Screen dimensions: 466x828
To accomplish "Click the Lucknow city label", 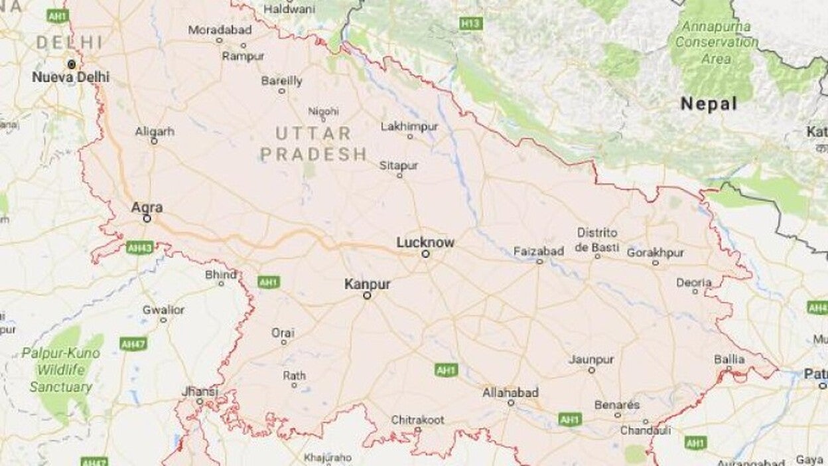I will point(425,242).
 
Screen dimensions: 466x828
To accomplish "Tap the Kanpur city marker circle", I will point(367,296).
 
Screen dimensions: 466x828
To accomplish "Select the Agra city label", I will point(147,207).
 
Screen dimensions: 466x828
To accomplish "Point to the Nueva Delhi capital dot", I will point(71,64).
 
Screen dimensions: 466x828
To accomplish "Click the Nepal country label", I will point(709,104).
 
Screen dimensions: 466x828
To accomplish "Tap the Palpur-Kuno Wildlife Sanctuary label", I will point(61,370).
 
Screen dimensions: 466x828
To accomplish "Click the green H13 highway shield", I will point(470,24).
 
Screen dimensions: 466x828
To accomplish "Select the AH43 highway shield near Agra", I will point(139,247).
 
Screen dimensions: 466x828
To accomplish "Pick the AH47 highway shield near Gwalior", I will point(133,343).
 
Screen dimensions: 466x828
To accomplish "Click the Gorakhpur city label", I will point(655,252).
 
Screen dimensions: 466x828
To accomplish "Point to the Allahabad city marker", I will point(511,403).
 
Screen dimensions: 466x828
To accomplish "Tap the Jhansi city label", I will point(200,392).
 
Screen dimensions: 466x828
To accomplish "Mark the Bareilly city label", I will point(281,81).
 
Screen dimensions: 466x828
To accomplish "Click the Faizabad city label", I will point(539,251).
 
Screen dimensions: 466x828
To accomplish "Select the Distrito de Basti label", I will point(597,240).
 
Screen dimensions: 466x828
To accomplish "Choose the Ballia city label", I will point(729,359).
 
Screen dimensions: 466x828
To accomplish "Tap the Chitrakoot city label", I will point(417,420).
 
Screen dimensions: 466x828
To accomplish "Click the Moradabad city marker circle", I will point(220,40).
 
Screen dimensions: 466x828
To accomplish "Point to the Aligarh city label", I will point(155,131).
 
